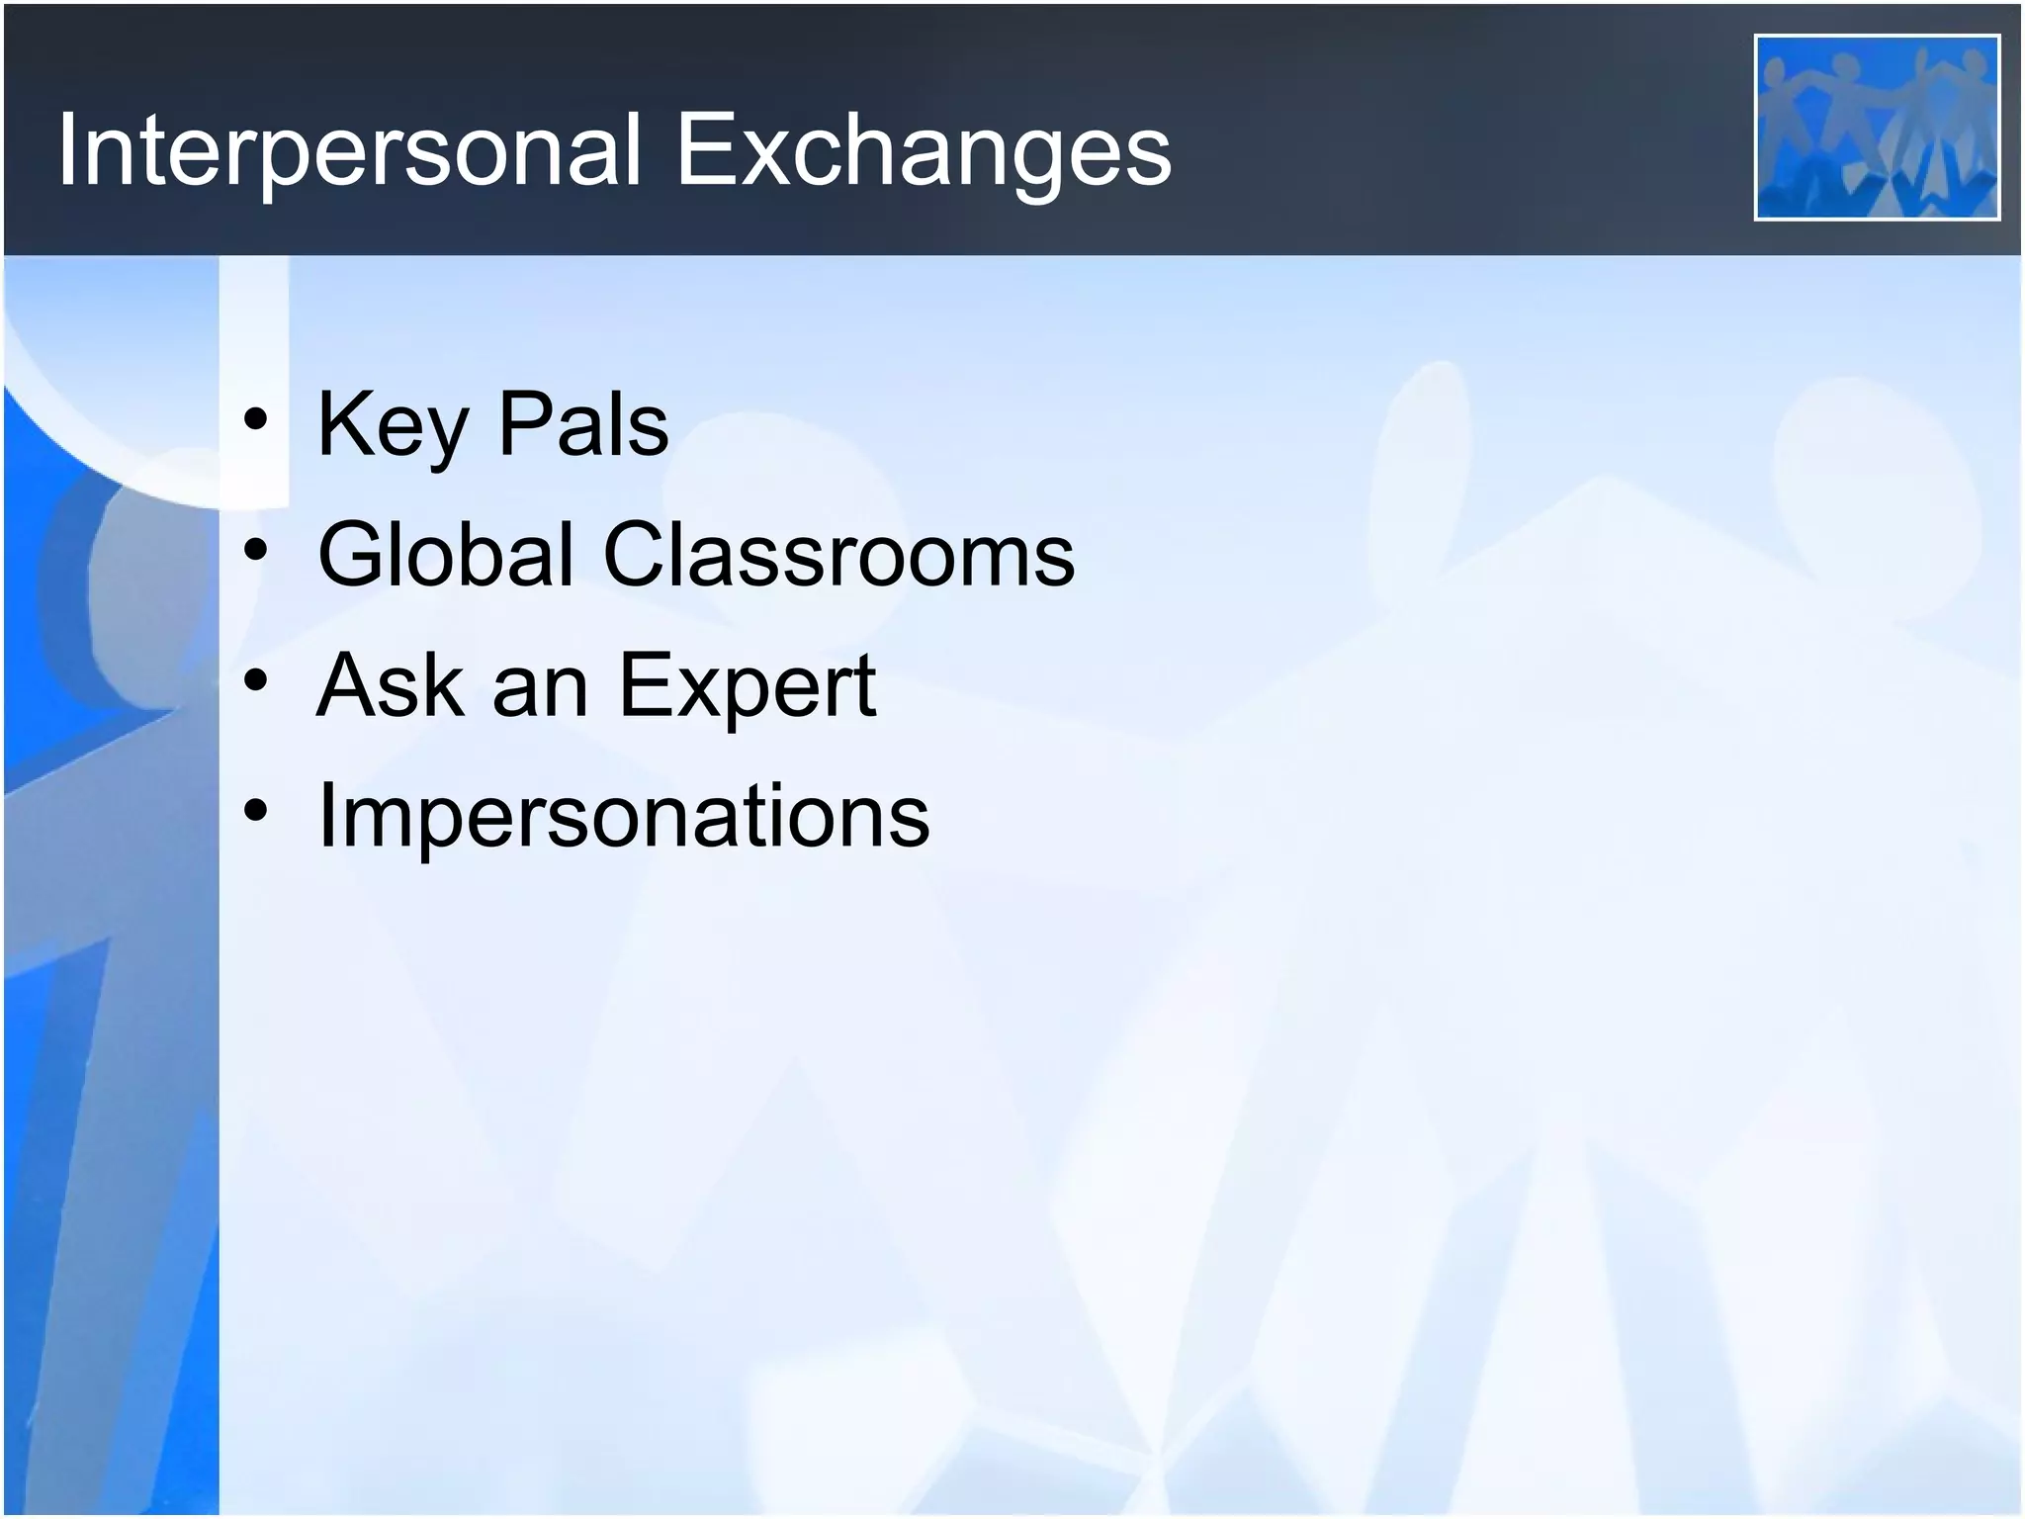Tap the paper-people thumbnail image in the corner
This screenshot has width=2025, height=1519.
[1876, 127]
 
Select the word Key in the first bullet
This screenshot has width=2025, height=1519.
[392, 425]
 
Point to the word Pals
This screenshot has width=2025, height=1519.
[582, 425]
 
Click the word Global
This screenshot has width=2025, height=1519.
[446, 555]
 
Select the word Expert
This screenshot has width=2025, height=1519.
[748, 687]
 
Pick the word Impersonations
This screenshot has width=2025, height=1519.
[623, 817]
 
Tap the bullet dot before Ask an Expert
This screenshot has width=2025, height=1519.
[256, 682]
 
